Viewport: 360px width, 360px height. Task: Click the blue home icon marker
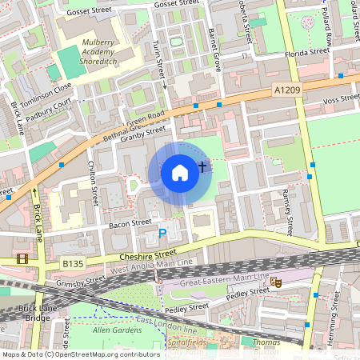click(180, 172)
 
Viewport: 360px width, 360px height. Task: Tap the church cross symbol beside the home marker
click(202, 167)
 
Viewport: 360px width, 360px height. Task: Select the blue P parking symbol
click(162, 234)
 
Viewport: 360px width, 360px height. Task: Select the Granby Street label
click(144, 134)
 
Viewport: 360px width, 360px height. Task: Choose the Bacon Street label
click(130, 223)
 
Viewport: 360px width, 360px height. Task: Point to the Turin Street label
click(159, 61)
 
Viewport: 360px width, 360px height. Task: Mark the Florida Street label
click(307, 52)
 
